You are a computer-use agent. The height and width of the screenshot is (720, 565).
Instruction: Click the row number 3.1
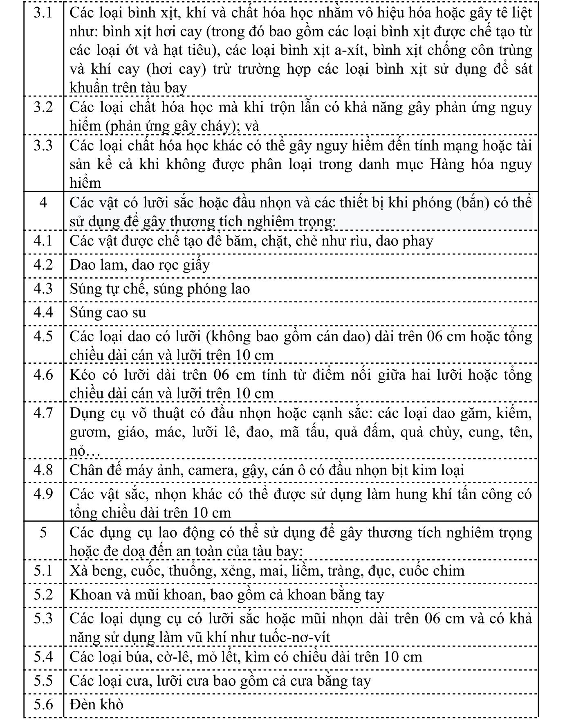(x=43, y=13)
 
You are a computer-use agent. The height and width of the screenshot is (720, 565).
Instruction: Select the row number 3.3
(x=43, y=146)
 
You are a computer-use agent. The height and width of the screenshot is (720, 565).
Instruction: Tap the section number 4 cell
(x=43, y=202)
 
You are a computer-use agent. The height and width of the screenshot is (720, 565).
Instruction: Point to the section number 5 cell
(x=43, y=533)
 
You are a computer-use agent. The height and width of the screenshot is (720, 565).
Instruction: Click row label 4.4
(x=43, y=313)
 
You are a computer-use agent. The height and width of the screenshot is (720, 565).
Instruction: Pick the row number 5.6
(x=43, y=704)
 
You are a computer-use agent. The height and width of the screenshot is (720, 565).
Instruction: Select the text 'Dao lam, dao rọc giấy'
(x=139, y=265)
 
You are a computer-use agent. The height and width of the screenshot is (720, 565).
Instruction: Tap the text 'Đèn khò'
(x=96, y=704)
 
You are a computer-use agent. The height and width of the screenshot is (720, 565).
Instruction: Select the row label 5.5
(x=43, y=680)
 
